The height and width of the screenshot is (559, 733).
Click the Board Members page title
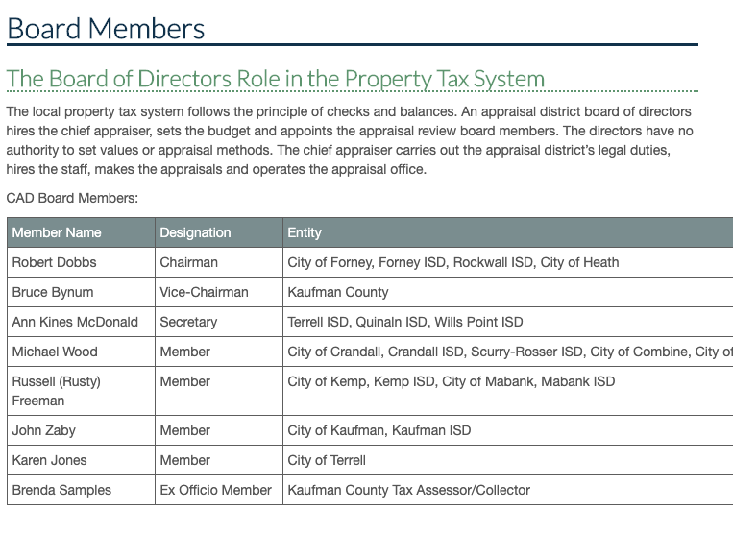pos(106,28)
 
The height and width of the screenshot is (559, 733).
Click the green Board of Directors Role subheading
pos(276,78)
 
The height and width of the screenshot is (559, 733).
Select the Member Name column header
pos(57,232)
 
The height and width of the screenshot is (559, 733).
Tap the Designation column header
pos(195,232)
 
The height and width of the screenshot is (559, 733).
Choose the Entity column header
pos(305,232)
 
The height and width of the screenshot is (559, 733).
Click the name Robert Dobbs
pos(55,262)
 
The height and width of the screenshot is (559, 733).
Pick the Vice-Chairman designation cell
pos(204,292)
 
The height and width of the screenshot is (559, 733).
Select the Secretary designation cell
pos(188,322)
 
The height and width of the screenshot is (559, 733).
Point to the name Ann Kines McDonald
pos(75,322)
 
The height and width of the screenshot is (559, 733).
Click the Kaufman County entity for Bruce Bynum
pos(338,292)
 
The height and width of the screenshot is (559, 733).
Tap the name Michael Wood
pos(55,352)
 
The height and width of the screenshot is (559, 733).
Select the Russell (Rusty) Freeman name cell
pos(56,391)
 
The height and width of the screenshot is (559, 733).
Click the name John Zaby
pos(44,430)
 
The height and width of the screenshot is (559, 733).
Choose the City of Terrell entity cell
pos(327,460)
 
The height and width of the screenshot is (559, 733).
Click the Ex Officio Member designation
pos(215,490)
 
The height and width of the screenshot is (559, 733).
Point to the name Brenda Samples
pos(61,490)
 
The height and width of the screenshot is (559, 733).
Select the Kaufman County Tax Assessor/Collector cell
pos(408,490)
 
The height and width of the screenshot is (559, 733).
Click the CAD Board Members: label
pos(72,198)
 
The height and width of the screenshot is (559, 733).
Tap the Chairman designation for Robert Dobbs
pos(188,262)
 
